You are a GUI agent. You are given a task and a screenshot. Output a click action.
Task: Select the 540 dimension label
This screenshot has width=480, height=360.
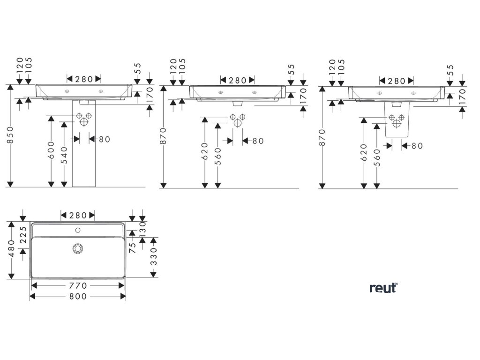pyautogui.click(x=64, y=154)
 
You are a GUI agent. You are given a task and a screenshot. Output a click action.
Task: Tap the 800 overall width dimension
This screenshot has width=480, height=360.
pyautogui.click(x=78, y=296)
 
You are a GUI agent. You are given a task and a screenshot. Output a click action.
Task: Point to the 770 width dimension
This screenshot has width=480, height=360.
pyautogui.click(x=78, y=285)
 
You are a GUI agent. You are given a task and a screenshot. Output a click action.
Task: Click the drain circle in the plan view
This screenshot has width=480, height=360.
pyautogui.click(x=78, y=248)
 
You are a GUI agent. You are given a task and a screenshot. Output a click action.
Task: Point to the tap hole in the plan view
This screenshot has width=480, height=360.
pyautogui.click(x=78, y=230)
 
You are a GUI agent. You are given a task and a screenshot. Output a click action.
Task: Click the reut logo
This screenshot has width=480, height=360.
pyautogui.click(x=383, y=288)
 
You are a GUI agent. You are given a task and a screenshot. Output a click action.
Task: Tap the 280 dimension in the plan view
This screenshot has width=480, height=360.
pyautogui.click(x=78, y=215)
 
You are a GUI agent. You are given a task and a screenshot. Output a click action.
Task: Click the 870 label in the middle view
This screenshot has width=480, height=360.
pyautogui.click(x=164, y=136)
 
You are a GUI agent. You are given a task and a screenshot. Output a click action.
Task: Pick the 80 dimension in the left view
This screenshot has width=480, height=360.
pyautogui.click(x=104, y=139)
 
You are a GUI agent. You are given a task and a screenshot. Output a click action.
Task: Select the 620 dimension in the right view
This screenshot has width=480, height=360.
pyautogui.click(x=364, y=152)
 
